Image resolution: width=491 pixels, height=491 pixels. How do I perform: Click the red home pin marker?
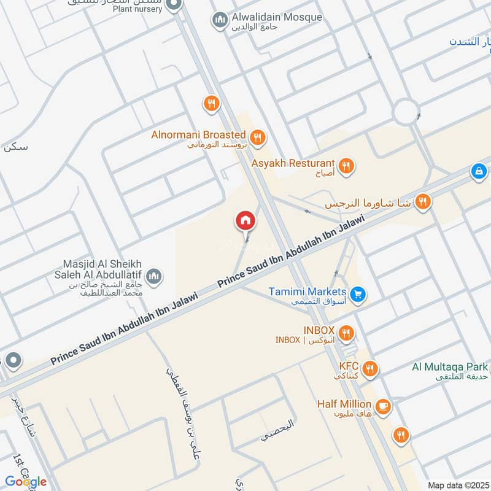(x=245, y=220)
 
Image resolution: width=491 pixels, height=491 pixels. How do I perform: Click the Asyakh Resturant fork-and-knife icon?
(x=346, y=165)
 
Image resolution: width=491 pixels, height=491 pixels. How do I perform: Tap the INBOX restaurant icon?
(x=346, y=333)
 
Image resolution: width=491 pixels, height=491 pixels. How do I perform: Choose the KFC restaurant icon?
(x=369, y=368)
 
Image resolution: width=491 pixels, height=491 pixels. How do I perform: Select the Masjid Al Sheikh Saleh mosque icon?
(x=154, y=277)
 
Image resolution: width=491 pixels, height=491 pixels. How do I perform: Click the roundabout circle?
(x=406, y=112)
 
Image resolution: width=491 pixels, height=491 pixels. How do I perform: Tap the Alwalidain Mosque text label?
(x=277, y=17)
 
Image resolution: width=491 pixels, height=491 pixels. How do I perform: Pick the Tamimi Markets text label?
(x=307, y=292)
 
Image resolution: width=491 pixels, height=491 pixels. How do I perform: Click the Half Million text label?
(x=344, y=404)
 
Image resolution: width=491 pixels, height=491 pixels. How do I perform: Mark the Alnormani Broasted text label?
(x=199, y=134)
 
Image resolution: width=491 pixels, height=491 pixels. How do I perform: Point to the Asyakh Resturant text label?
(x=293, y=163)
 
